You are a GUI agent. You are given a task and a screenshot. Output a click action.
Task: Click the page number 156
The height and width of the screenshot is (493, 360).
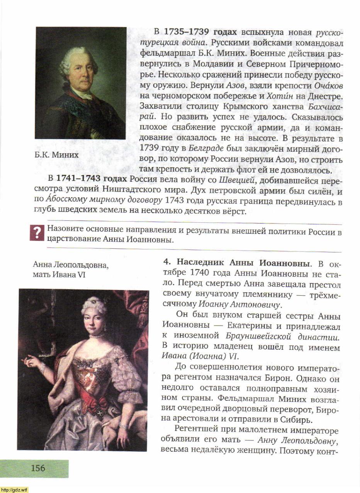[x=38, y=468]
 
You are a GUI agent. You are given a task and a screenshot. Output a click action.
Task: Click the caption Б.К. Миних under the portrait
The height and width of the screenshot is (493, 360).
[x=56, y=155]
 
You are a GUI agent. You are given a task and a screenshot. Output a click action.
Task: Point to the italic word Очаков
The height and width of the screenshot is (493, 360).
[x=329, y=85]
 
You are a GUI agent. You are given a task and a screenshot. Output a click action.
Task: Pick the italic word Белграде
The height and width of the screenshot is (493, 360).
[x=206, y=148]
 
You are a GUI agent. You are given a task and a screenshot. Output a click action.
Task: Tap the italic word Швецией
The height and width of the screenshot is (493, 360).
[x=236, y=180]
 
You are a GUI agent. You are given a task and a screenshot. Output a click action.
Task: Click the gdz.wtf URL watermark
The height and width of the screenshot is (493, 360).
[x=14, y=490]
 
